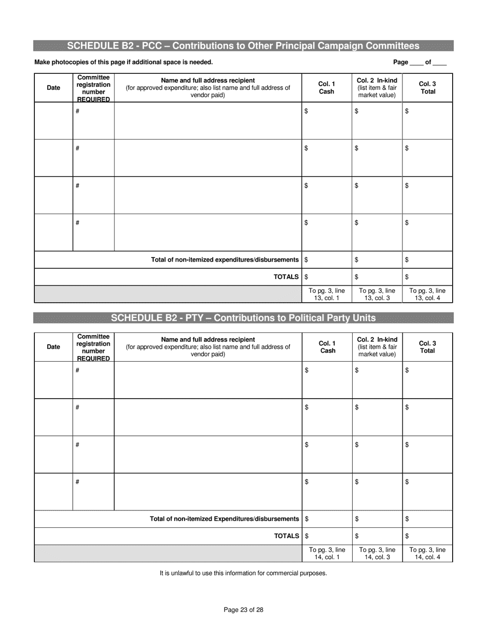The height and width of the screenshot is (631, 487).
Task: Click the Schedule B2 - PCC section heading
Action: [x=243, y=46]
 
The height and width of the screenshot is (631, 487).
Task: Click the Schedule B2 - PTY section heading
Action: [x=243, y=318]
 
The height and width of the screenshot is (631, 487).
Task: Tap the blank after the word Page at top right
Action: [x=417, y=63]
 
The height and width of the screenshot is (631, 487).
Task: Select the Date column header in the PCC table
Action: [x=53, y=88]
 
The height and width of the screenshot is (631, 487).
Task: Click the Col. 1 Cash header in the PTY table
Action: [x=328, y=347]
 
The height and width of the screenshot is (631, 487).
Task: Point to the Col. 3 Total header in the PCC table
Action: [x=428, y=88]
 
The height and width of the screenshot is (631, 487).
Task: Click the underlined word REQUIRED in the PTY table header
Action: [x=93, y=359]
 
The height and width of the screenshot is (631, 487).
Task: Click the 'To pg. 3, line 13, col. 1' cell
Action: [x=327, y=294]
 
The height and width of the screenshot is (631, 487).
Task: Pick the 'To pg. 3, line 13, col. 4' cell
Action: [x=428, y=294]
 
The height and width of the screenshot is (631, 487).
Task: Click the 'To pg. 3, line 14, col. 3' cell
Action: [x=377, y=553]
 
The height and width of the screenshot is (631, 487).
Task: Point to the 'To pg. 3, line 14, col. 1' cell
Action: [x=327, y=553]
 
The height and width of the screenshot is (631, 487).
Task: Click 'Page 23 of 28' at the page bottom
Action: [x=243, y=610]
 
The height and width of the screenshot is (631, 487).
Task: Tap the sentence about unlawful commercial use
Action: [x=243, y=573]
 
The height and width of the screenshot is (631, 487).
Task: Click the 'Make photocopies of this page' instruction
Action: [x=123, y=63]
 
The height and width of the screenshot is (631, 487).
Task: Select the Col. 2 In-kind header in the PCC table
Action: [x=377, y=88]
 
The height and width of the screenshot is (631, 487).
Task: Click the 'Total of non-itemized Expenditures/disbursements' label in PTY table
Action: [x=224, y=519]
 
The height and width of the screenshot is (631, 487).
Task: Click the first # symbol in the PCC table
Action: [x=77, y=111]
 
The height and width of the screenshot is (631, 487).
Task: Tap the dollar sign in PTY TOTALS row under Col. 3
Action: [x=407, y=536]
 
